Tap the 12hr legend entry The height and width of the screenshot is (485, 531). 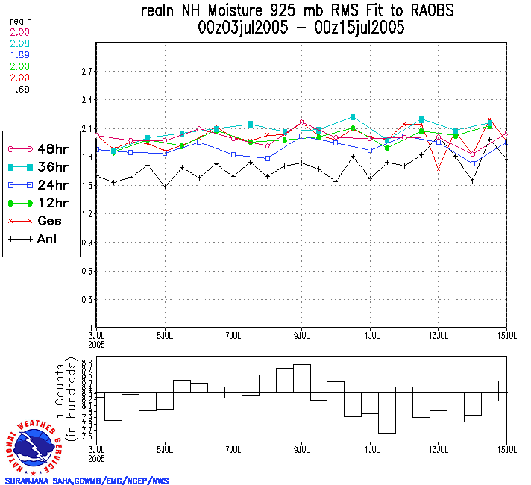pyautogui.click(x=40, y=202)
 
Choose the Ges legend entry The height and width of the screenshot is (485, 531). pyautogui.click(x=40, y=221)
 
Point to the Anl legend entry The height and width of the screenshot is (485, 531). pyautogui.click(x=40, y=240)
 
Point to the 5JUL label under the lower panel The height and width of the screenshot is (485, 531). pyautogui.click(x=165, y=451)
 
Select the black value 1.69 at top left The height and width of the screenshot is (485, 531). pyautogui.click(x=20, y=90)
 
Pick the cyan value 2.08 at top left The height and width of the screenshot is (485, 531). pyautogui.click(x=20, y=45)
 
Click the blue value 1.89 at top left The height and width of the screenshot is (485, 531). pyautogui.click(x=20, y=56)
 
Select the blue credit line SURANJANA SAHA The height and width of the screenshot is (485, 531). pyautogui.click(x=86, y=481)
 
